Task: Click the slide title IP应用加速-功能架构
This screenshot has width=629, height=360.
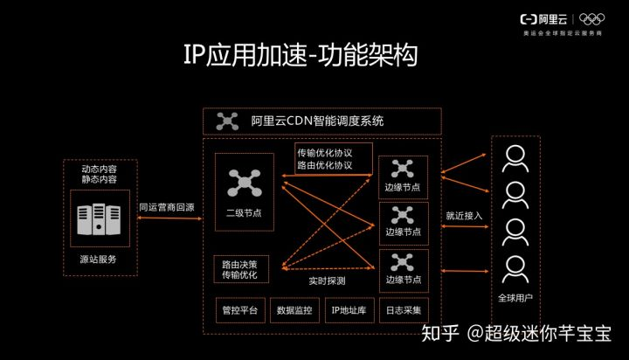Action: point(300,55)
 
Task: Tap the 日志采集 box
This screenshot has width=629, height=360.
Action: point(403,310)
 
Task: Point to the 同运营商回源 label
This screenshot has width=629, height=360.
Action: point(166,208)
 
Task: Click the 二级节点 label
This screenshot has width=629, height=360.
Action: point(238,213)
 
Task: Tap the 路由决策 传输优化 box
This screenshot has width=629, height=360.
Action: point(240,269)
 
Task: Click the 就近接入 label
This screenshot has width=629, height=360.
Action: point(464,215)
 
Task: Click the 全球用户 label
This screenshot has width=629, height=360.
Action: point(515,298)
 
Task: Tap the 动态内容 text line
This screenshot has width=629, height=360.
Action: point(99,168)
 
